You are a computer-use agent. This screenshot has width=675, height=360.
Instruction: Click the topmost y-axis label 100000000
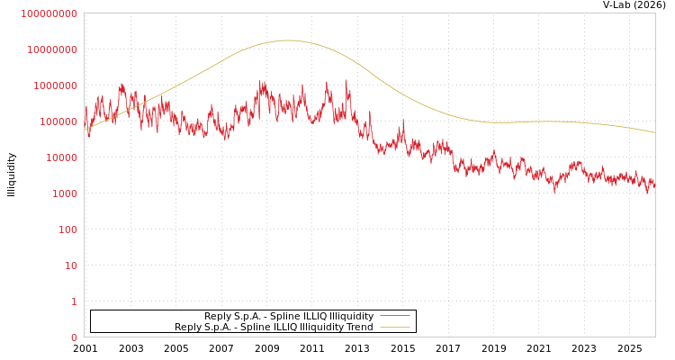(x=49, y=13)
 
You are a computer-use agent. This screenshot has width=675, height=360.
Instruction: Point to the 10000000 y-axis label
(x=51, y=49)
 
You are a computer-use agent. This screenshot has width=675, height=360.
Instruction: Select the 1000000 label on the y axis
(x=54, y=85)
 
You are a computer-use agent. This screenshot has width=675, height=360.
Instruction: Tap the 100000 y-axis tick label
(x=57, y=121)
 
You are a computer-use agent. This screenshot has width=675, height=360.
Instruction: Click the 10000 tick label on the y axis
(x=59, y=157)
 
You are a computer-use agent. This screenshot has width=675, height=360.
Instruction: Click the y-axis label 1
(x=74, y=301)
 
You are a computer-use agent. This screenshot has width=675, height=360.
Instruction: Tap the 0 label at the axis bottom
(x=74, y=337)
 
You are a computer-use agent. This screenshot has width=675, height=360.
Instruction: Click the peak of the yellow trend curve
(x=287, y=40)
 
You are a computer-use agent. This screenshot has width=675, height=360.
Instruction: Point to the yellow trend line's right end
(x=654, y=132)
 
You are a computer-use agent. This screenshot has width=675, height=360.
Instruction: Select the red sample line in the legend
(x=394, y=316)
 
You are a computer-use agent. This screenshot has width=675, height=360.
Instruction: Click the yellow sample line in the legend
(x=394, y=327)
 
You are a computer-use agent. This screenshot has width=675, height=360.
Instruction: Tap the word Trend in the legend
(x=359, y=327)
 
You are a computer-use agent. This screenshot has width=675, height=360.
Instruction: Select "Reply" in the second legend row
(x=188, y=327)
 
